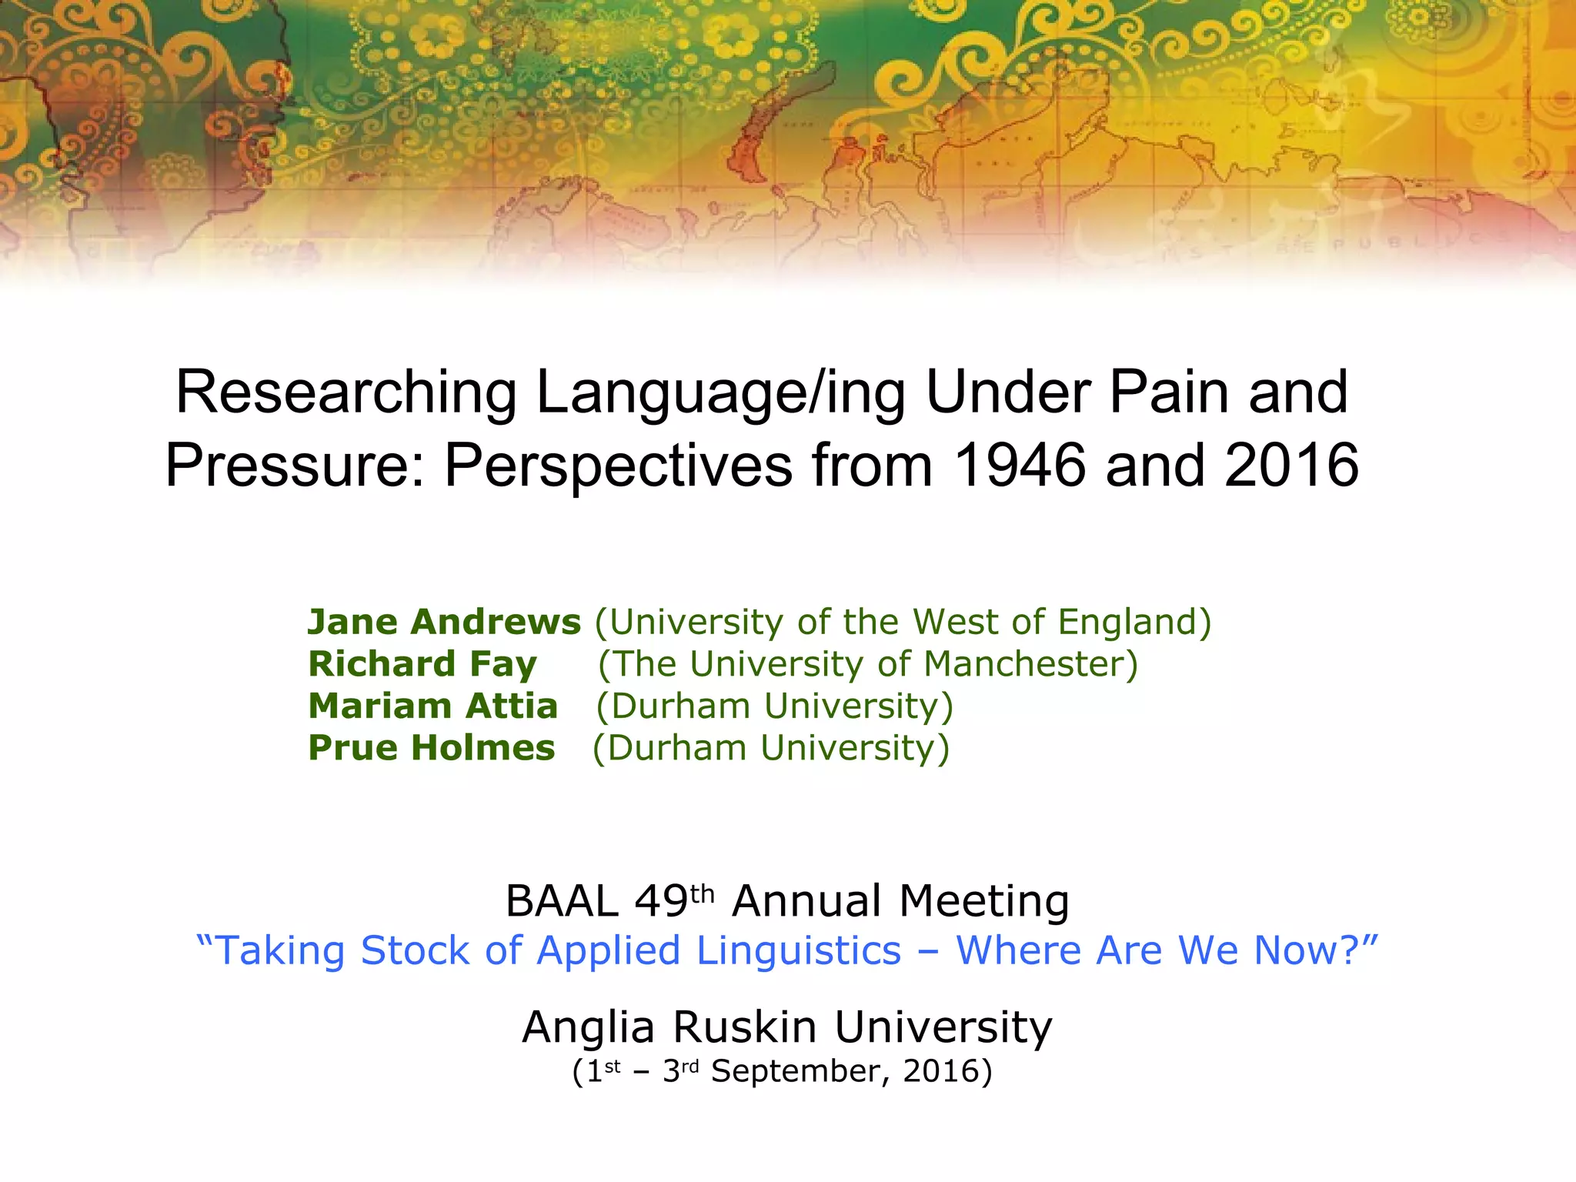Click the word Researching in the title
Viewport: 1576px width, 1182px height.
coord(346,393)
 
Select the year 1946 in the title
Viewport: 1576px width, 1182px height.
coord(1020,466)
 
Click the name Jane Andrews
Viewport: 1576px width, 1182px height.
coord(444,622)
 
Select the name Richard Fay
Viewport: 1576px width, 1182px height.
coord(422,664)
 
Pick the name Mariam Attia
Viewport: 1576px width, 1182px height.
coord(432,706)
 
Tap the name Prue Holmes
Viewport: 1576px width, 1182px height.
coord(431,748)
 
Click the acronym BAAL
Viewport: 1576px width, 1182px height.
coord(562,901)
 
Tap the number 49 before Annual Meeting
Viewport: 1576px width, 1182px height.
coord(661,901)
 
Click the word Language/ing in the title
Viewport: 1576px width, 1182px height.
coord(720,393)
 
